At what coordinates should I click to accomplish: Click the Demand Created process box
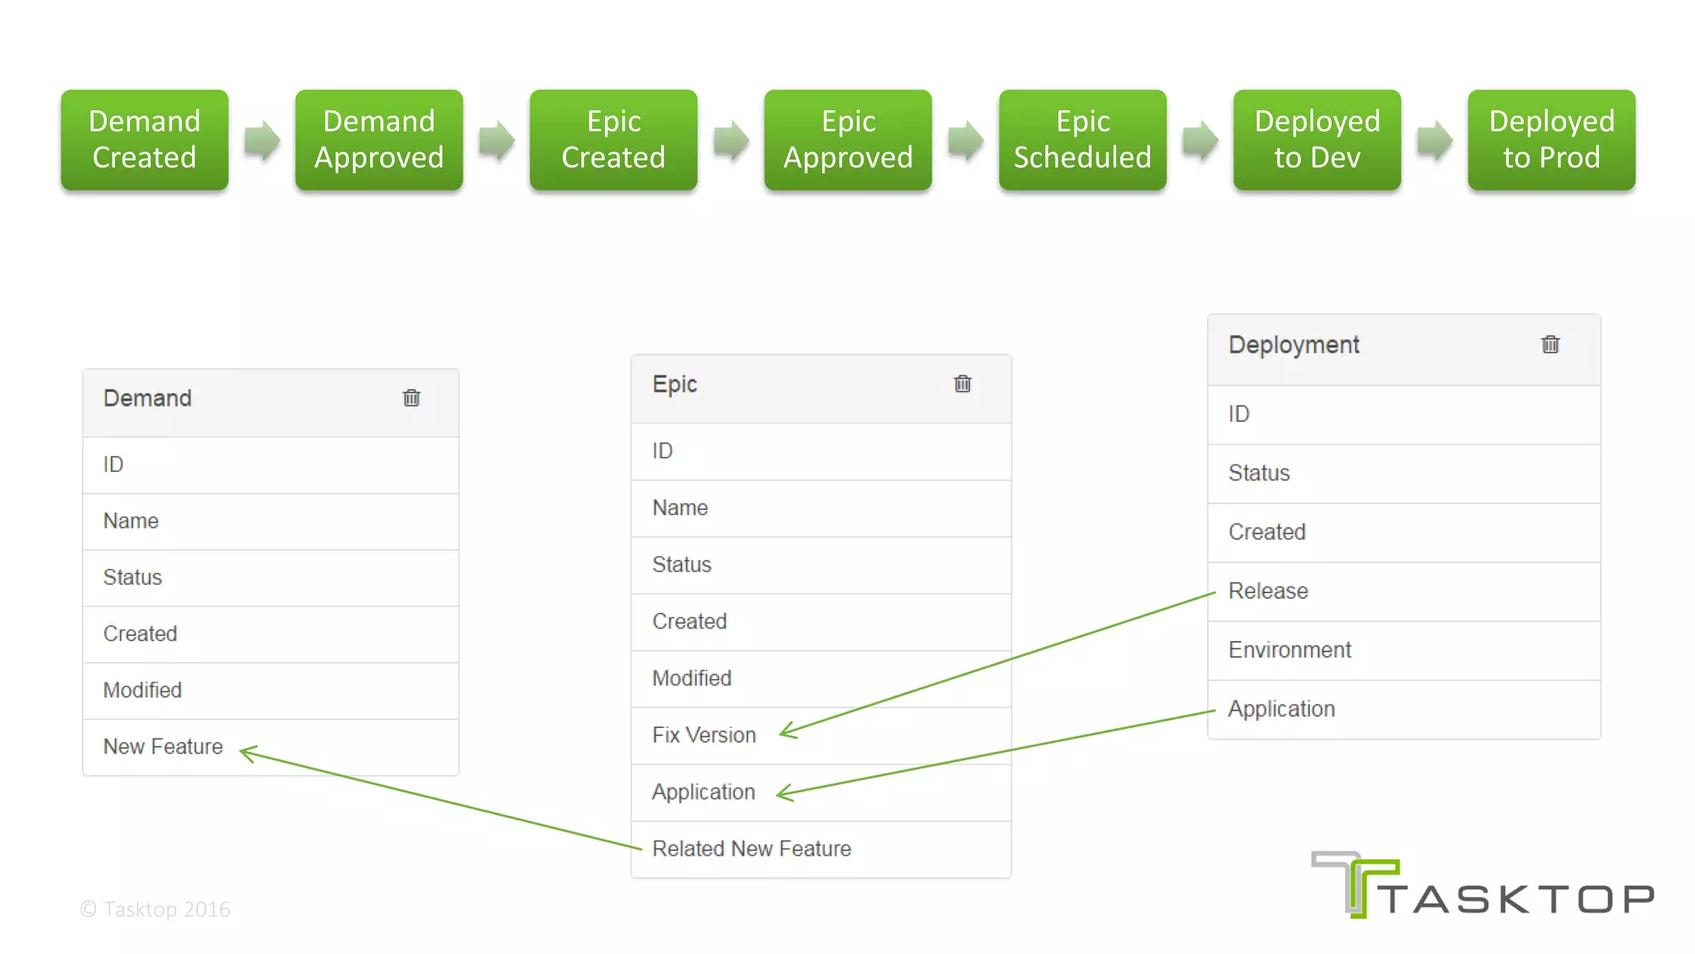pyautogui.click(x=144, y=140)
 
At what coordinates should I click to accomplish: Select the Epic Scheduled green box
pyautogui.click(x=1082, y=140)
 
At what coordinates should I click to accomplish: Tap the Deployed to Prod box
pyautogui.click(x=1551, y=140)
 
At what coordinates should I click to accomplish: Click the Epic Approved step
pyautogui.click(x=847, y=140)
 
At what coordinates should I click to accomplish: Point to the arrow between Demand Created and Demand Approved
pyautogui.click(x=262, y=140)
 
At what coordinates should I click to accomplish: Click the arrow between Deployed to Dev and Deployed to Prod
pyautogui.click(x=1434, y=140)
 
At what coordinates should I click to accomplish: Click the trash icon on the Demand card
pyautogui.click(x=411, y=398)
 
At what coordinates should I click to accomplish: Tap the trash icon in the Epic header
pyautogui.click(x=963, y=384)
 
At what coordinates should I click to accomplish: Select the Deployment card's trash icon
pyautogui.click(x=1550, y=344)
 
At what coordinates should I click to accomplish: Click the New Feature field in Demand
pyautogui.click(x=163, y=747)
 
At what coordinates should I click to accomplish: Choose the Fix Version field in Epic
pyautogui.click(x=703, y=735)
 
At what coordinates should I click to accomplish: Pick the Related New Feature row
pyautogui.click(x=751, y=849)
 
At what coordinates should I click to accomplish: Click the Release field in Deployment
pyautogui.click(x=1268, y=591)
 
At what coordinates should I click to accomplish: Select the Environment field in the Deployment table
pyautogui.click(x=1289, y=650)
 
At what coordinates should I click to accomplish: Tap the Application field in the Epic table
pyautogui.click(x=703, y=793)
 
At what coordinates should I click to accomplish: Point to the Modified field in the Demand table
pyautogui.click(x=142, y=691)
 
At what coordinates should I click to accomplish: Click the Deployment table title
pyautogui.click(x=1294, y=345)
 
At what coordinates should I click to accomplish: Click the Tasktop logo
pyautogui.click(x=1481, y=886)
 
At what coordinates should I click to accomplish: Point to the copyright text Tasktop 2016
pyautogui.click(x=156, y=909)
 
